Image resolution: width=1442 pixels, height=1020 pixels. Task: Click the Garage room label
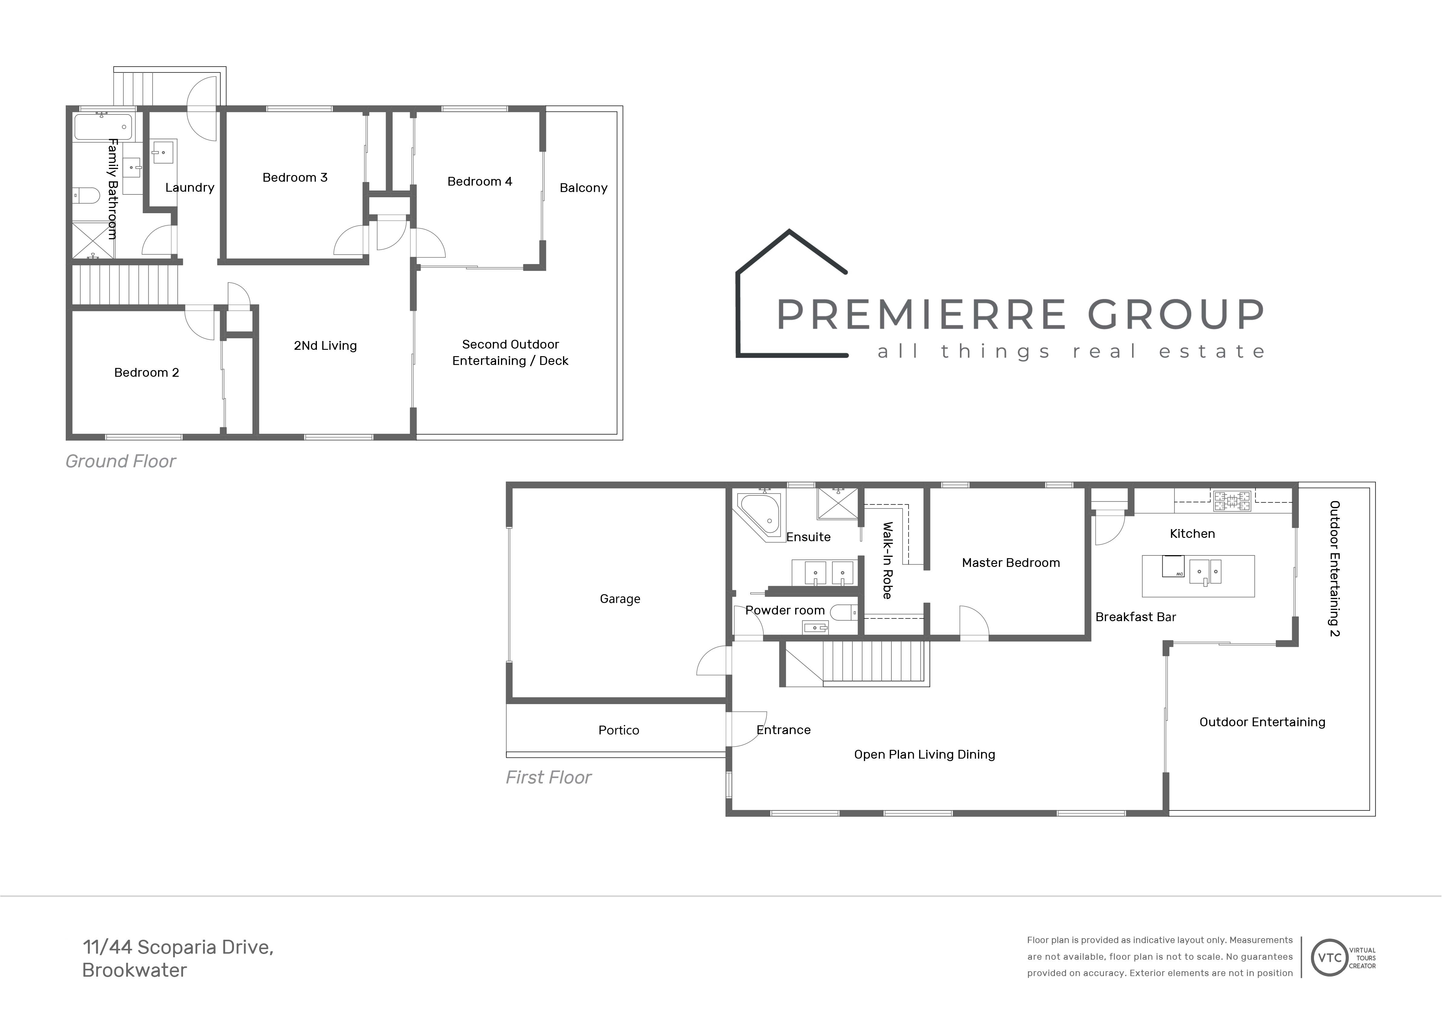point(620,599)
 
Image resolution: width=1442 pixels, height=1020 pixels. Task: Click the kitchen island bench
point(1198,576)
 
